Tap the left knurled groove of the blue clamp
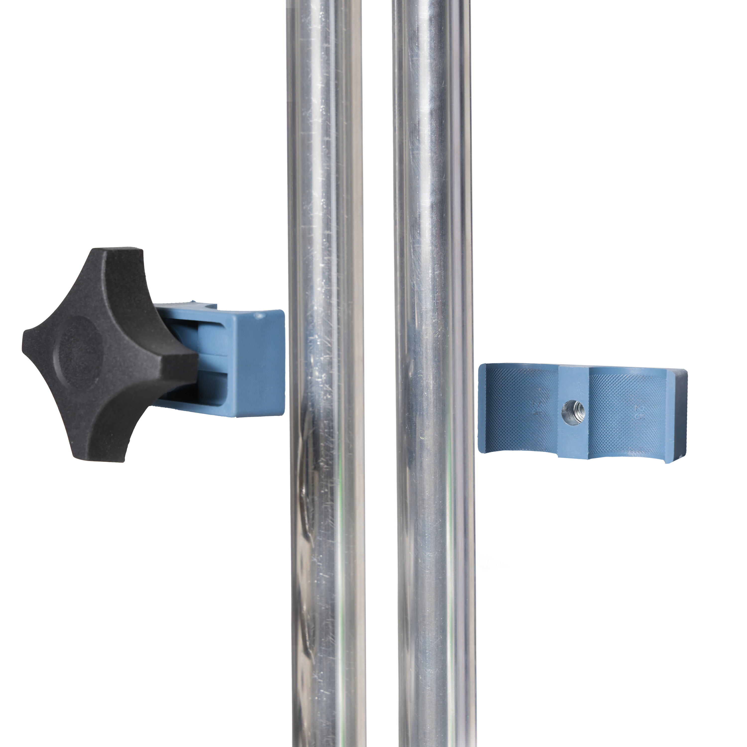tap(522, 410)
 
